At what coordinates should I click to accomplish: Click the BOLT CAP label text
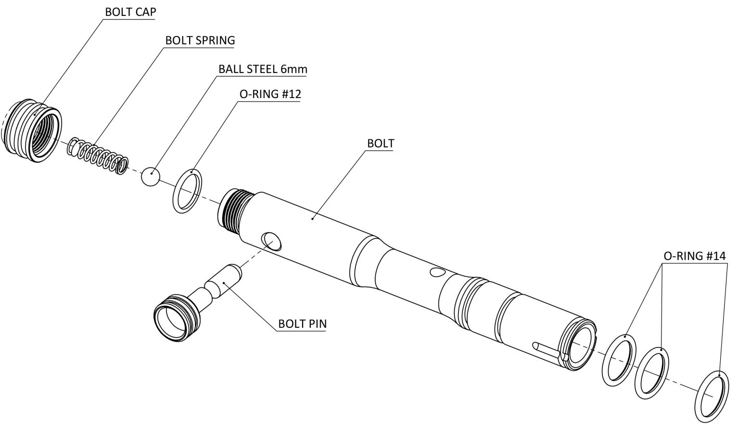(x=130, y=12)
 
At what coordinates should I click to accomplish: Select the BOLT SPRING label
(x=200, y=40)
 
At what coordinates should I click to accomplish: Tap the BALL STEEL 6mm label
(x=262, y=69)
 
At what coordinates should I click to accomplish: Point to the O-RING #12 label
(x=270, y=94)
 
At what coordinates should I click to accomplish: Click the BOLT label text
(x=380, y=143)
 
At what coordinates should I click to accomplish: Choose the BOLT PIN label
(x=302, y=324)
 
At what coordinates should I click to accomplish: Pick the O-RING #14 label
(x=694, y=256)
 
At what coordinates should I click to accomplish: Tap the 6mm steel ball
(x=150, y=177)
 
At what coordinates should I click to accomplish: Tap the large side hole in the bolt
(x=271, y=241)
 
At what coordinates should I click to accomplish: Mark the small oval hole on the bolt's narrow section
(x=437, y=273)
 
